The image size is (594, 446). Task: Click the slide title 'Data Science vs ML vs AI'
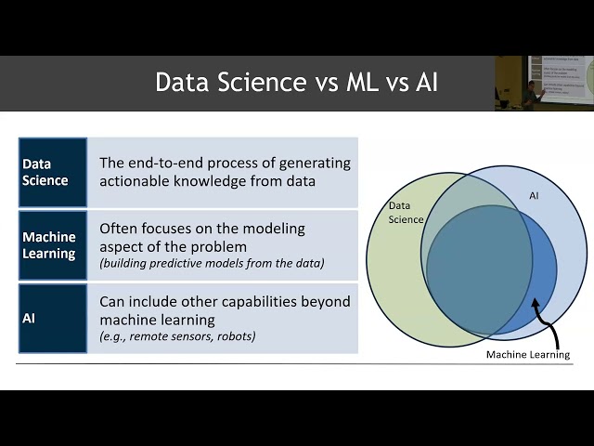(296, 83)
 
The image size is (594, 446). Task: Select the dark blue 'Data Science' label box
(53, 172)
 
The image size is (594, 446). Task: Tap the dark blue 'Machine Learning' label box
(53, 245)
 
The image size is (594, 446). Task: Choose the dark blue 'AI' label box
(53, 318)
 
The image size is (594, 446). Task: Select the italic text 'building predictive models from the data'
(212, 264)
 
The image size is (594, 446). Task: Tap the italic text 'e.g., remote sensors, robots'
(177, 336)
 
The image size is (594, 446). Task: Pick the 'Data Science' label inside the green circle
(406, 212)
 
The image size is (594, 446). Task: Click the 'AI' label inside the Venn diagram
(534, 197)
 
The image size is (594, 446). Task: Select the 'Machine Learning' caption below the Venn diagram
(529, 355)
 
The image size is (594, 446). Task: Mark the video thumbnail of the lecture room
(544, 83)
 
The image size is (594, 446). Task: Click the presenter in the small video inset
(529, 93)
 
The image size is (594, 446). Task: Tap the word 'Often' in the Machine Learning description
(119, 228)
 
